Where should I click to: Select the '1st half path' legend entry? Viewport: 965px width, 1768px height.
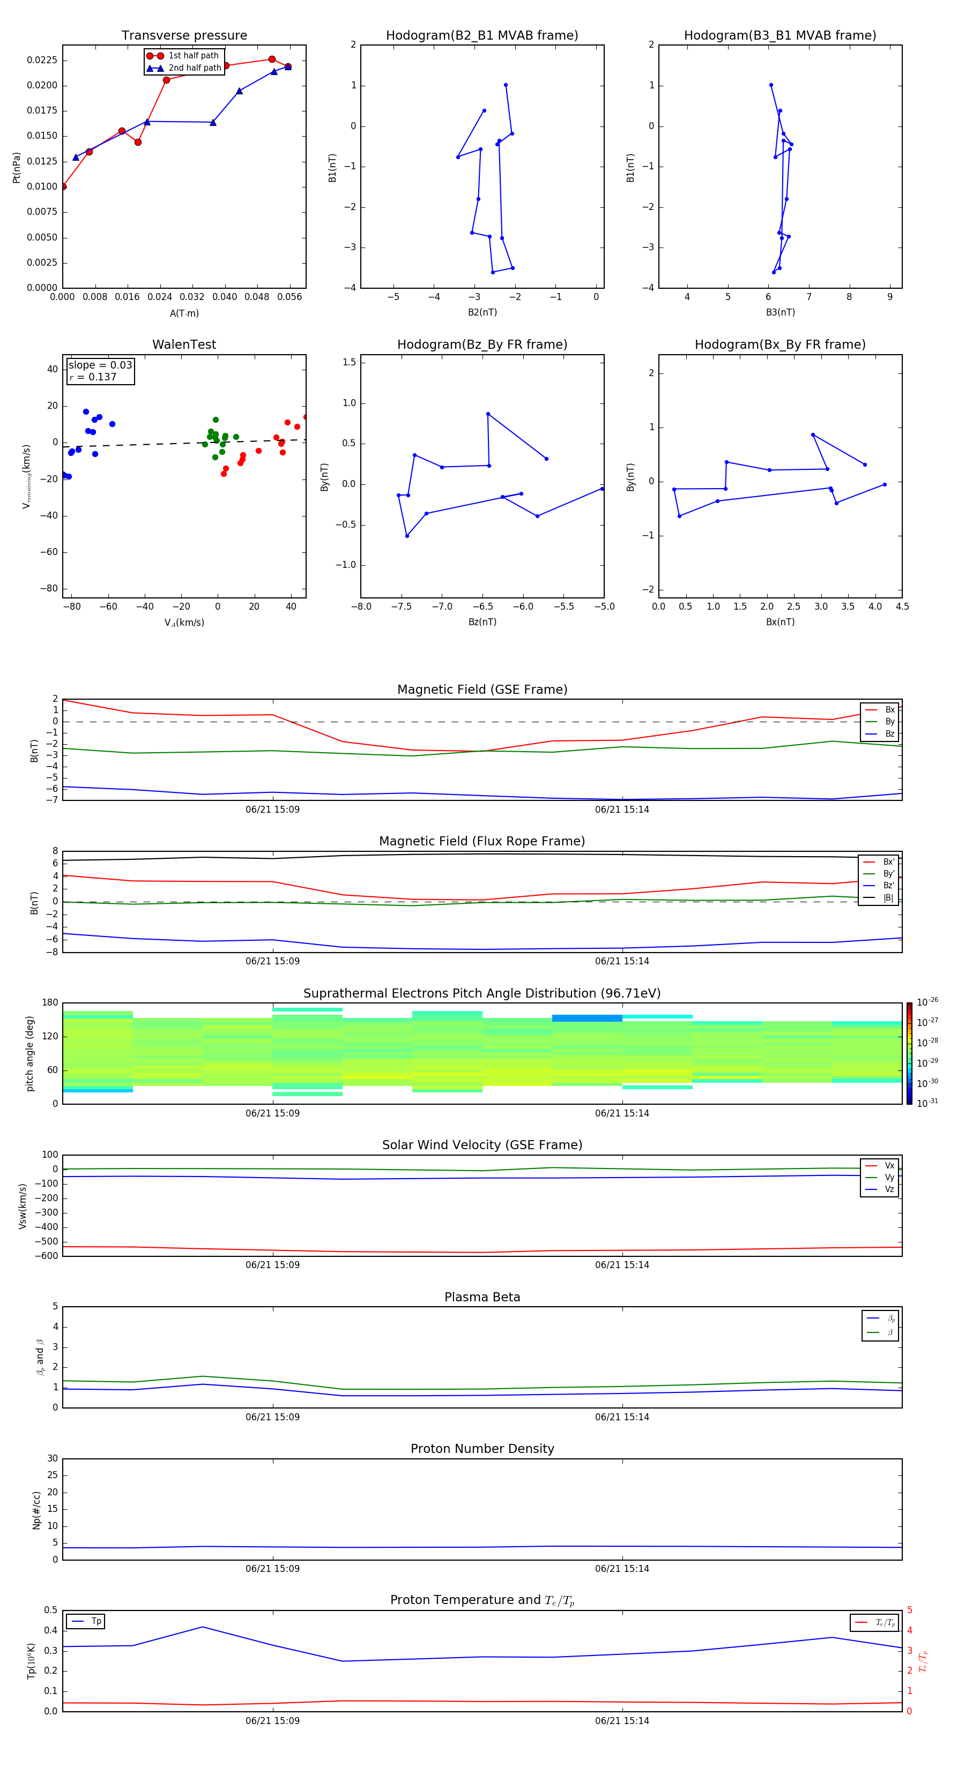point(193,56)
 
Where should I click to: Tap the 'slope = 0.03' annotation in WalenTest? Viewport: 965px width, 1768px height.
point(100,365)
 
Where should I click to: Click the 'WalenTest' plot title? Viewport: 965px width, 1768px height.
point(184,344)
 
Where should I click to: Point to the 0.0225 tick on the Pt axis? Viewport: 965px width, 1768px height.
point(42,61)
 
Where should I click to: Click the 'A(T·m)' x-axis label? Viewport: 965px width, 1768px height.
point(184,313)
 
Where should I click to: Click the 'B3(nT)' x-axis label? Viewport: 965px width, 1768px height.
point(780,312)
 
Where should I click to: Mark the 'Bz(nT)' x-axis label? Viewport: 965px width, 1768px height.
point(482,622)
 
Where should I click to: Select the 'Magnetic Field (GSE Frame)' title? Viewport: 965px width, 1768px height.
point(482,690)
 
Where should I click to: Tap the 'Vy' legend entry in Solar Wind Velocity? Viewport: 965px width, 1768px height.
point(889,1177)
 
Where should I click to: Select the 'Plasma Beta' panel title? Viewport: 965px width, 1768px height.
point(482,1297)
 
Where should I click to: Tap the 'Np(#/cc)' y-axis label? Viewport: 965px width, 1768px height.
point(36,1510)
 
